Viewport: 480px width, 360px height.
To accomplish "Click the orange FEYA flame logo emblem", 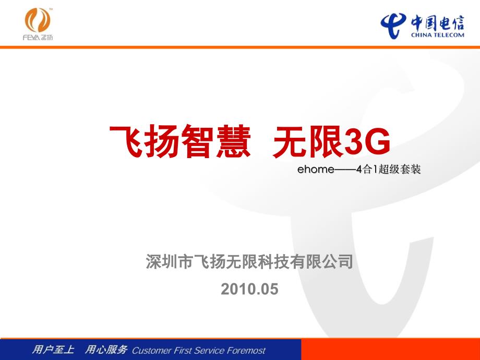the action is coord(38,20).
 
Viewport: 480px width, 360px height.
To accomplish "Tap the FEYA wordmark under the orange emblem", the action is coord(38,38).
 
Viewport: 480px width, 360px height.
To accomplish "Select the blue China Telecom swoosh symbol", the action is coord(393,25).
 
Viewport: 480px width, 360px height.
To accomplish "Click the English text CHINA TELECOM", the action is coord(437,35).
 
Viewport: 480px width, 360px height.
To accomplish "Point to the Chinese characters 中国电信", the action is coord(437,22).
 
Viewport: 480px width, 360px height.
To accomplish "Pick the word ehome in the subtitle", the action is coord(316,169).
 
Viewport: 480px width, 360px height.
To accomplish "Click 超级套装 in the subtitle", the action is coord(400,169).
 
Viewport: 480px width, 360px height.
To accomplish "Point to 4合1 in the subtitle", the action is coord(367,169).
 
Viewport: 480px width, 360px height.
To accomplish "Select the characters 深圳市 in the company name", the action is coord(169,262).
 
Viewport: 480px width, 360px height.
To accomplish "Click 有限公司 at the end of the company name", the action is coord(322,262).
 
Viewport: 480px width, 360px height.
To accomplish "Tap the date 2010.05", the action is coord(249,289).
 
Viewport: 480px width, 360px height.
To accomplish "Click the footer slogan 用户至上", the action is coord(53,349).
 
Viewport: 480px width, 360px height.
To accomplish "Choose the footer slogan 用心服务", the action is coord(106,349).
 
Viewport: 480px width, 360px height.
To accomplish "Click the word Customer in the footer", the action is coord(151,350).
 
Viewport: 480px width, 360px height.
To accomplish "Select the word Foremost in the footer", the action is coord(247,350).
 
